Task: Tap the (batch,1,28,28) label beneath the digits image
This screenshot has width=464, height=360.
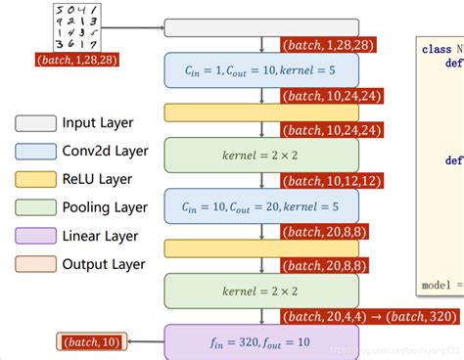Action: coord(75,61)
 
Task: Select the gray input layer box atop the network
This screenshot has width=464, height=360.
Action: coord(261,27)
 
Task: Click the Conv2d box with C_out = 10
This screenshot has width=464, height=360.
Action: coord(261,70)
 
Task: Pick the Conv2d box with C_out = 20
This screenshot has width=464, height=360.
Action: coord(261,206)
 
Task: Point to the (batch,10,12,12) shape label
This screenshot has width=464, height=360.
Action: coord(331,180)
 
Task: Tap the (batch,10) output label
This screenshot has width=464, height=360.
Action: coord(89,341)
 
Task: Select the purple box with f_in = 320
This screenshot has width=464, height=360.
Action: coord(261,342)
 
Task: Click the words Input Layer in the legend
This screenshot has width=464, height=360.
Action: coord(97,123)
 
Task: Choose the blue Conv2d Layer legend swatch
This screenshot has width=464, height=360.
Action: coord(35,152)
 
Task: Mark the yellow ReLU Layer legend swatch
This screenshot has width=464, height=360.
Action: coord(35,180)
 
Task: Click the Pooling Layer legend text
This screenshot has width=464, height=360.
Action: coord(105,207)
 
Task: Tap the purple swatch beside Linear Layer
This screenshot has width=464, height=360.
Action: coord(35,236)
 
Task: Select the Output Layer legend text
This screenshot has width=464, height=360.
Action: coord(103,264)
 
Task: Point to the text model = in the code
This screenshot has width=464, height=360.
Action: coord(441,285)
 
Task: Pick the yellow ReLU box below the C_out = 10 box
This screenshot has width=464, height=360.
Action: coord(261,112)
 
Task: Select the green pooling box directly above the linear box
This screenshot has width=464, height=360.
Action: coord(261,291)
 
